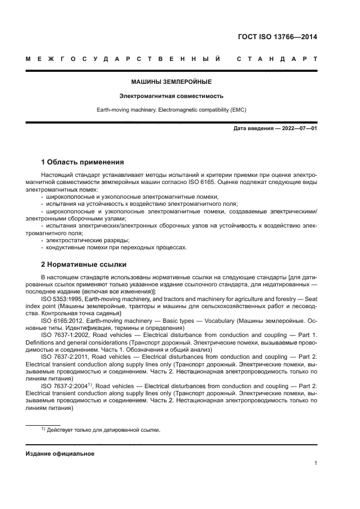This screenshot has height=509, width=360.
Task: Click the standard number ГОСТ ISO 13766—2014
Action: point(277,38)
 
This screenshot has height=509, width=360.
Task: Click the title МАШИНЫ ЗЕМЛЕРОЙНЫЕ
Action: point(171,82)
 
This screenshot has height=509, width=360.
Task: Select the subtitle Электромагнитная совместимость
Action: point(171,96)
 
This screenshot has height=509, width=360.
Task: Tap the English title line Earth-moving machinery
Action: point(171,109)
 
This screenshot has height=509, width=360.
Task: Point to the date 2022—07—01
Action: point(297,128)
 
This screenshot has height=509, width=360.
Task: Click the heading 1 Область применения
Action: point(83,162)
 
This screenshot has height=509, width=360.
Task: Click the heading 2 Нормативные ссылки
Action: point(84,265)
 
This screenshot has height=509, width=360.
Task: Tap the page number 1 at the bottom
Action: point(315,463)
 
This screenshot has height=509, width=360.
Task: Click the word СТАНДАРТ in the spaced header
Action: point(277,58)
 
